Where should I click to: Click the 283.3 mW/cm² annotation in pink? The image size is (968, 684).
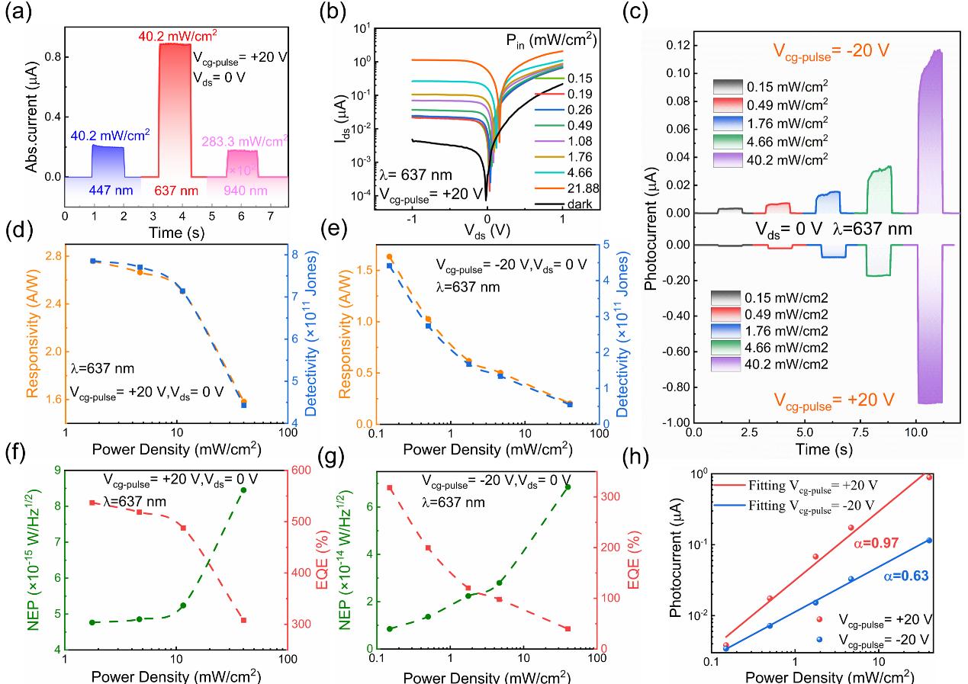pyautogui.click(x=245, y=140)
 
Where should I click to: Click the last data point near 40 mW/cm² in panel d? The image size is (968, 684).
pyautogui.click(x=243, y=403)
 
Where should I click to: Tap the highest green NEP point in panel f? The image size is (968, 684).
pyautogui.click(x=243, y=490)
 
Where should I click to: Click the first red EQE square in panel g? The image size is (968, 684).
pyautogui.click(x=390, y=488)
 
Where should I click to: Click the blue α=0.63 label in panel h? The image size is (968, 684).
pyautogui.click(x=908, y=576)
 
